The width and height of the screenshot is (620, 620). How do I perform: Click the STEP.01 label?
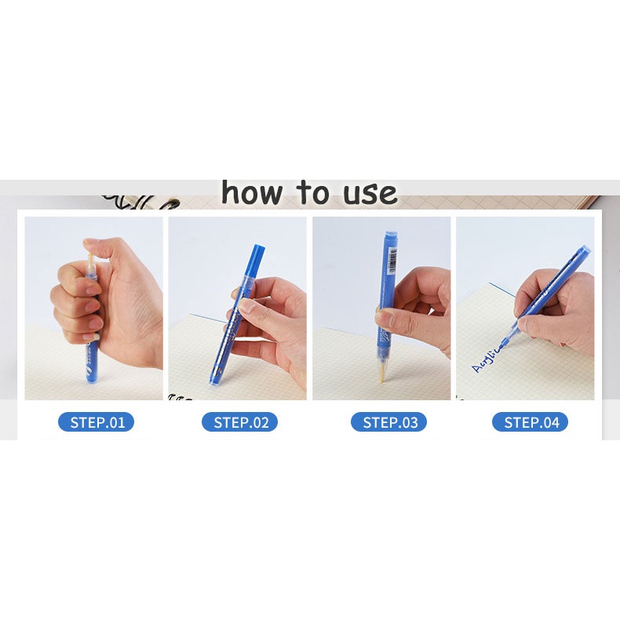[96, 422]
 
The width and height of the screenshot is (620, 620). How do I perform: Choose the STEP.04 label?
[530, 422]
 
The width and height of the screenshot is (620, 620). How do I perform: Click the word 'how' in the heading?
[251, 192]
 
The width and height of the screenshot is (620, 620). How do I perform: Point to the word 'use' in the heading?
[369, 193]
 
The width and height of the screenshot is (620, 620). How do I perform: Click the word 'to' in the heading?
[312, 192]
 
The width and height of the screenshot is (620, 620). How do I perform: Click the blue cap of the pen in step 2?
[256, 260]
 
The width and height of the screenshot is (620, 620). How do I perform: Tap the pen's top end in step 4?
[587, 250]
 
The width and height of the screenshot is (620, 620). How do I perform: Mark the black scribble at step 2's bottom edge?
[182, 397]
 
